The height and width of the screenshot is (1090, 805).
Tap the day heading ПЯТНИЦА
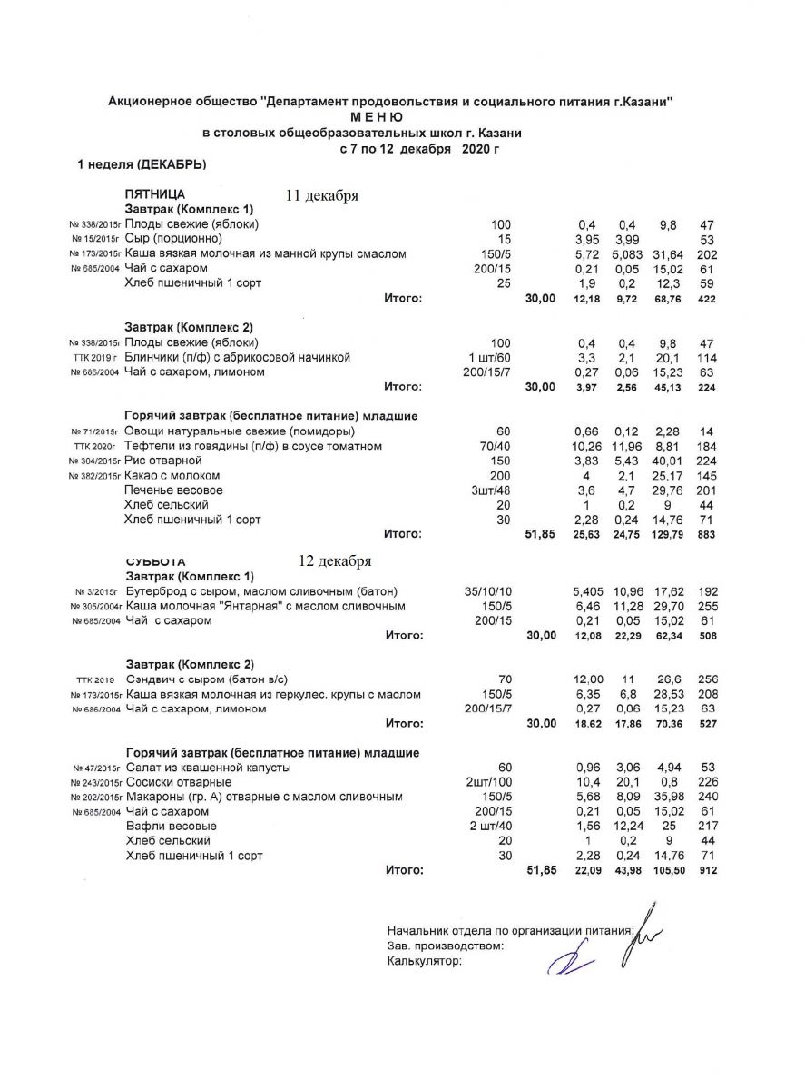[x=155, y=194]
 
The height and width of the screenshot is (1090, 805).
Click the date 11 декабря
[x=323, y=195]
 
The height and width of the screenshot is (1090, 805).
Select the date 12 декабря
[x=335, y=560]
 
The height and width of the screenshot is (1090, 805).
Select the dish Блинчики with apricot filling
[x=238, y=358]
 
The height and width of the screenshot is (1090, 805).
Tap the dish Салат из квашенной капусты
[x=208, y=768]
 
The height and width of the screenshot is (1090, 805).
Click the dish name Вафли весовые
[x=171, y=826]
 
